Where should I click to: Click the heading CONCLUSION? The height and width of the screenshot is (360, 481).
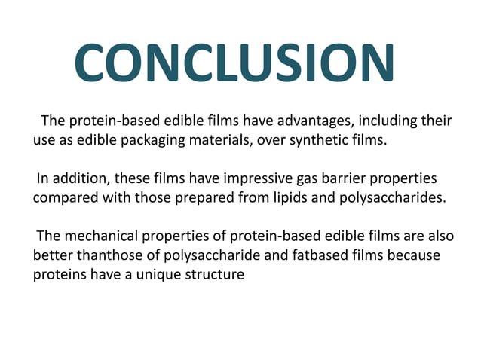click(234, 63)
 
